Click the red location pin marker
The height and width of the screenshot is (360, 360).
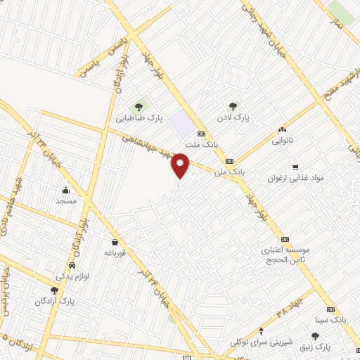(x=181, y=165)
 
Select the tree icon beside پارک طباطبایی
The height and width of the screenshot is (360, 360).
(x=139, y=107)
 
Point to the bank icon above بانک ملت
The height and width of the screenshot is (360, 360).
(x=202, y=134)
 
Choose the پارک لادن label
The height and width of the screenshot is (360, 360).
(x=233, y=117)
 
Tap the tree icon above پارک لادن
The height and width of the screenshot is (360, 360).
(x=233, y=106)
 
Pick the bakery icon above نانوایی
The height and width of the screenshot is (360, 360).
(x=283, y=130)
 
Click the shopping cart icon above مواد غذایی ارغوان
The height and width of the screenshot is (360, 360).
(x=295, y=167)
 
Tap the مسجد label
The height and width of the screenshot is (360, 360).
(x=65, y=200)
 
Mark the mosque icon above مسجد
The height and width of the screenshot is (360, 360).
(x=65, y=190)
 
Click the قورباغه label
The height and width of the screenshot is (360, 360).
(x=114, y=252)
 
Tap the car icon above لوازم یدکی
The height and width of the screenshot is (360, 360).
(x=72, y=266)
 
